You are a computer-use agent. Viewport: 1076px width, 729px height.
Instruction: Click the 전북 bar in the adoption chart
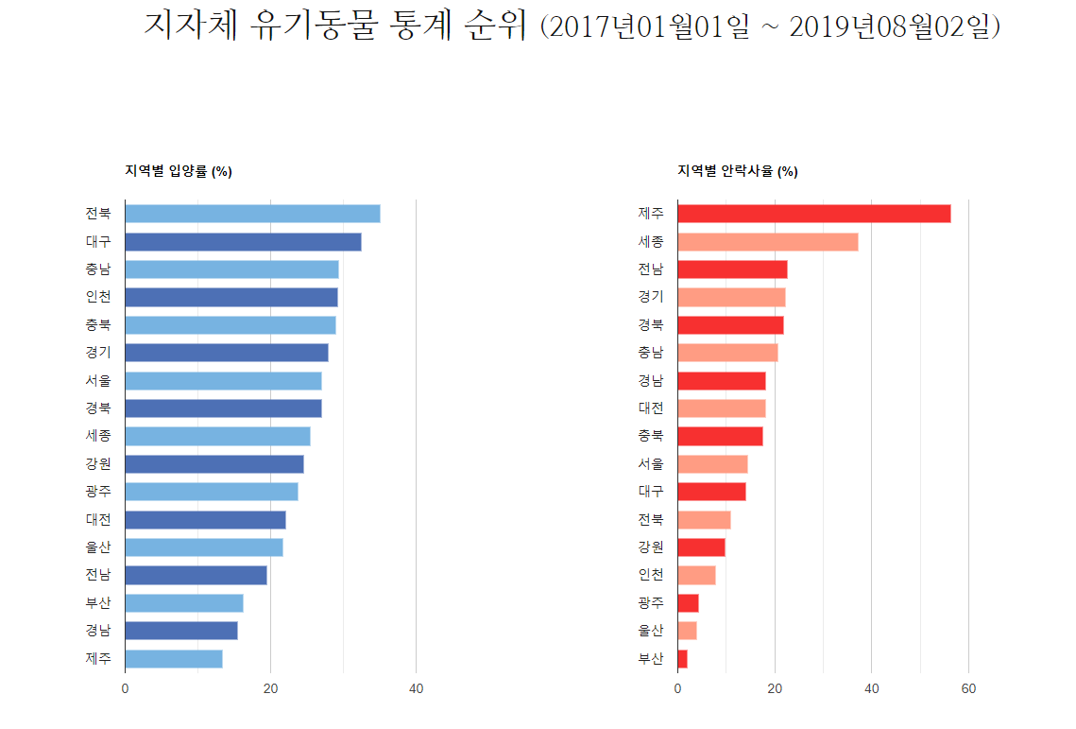click(252, 214)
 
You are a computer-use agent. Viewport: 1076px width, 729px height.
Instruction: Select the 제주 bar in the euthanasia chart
click(813, 214)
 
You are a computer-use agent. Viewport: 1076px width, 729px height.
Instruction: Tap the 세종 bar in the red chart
click(767, 242)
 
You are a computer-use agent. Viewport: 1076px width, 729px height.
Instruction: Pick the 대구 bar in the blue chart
click(243, 242)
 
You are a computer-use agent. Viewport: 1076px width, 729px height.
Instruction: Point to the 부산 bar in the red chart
click(682, 659)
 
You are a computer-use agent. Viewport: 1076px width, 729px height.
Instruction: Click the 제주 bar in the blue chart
click(174, 659)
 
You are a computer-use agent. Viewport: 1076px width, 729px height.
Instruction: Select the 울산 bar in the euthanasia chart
click(687, 631)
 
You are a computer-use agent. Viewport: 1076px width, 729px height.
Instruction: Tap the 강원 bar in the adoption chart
click(214, 464)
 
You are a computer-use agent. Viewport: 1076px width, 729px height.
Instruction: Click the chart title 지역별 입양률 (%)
click(179, 171)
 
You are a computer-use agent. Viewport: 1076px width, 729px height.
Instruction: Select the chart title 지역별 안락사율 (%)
click(737, 171)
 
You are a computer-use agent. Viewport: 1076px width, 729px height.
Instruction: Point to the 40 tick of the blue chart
click(416, 689)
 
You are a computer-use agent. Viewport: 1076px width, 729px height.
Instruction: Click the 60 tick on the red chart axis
click(968, 689)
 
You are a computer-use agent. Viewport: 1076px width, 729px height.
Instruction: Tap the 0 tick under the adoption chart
click(125, 689)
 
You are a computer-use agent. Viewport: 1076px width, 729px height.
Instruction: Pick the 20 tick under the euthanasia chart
click(775, 689)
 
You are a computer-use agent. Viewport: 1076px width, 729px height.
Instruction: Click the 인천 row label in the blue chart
click(98, 297)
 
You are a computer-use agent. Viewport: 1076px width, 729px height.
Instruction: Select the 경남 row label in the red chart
click(651, 381)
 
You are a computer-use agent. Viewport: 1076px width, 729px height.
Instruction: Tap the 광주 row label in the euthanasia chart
click(651, 603)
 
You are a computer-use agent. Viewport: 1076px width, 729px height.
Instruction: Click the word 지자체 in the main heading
click(189, 26)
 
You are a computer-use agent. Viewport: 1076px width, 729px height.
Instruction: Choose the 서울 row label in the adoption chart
click(98, 381)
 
